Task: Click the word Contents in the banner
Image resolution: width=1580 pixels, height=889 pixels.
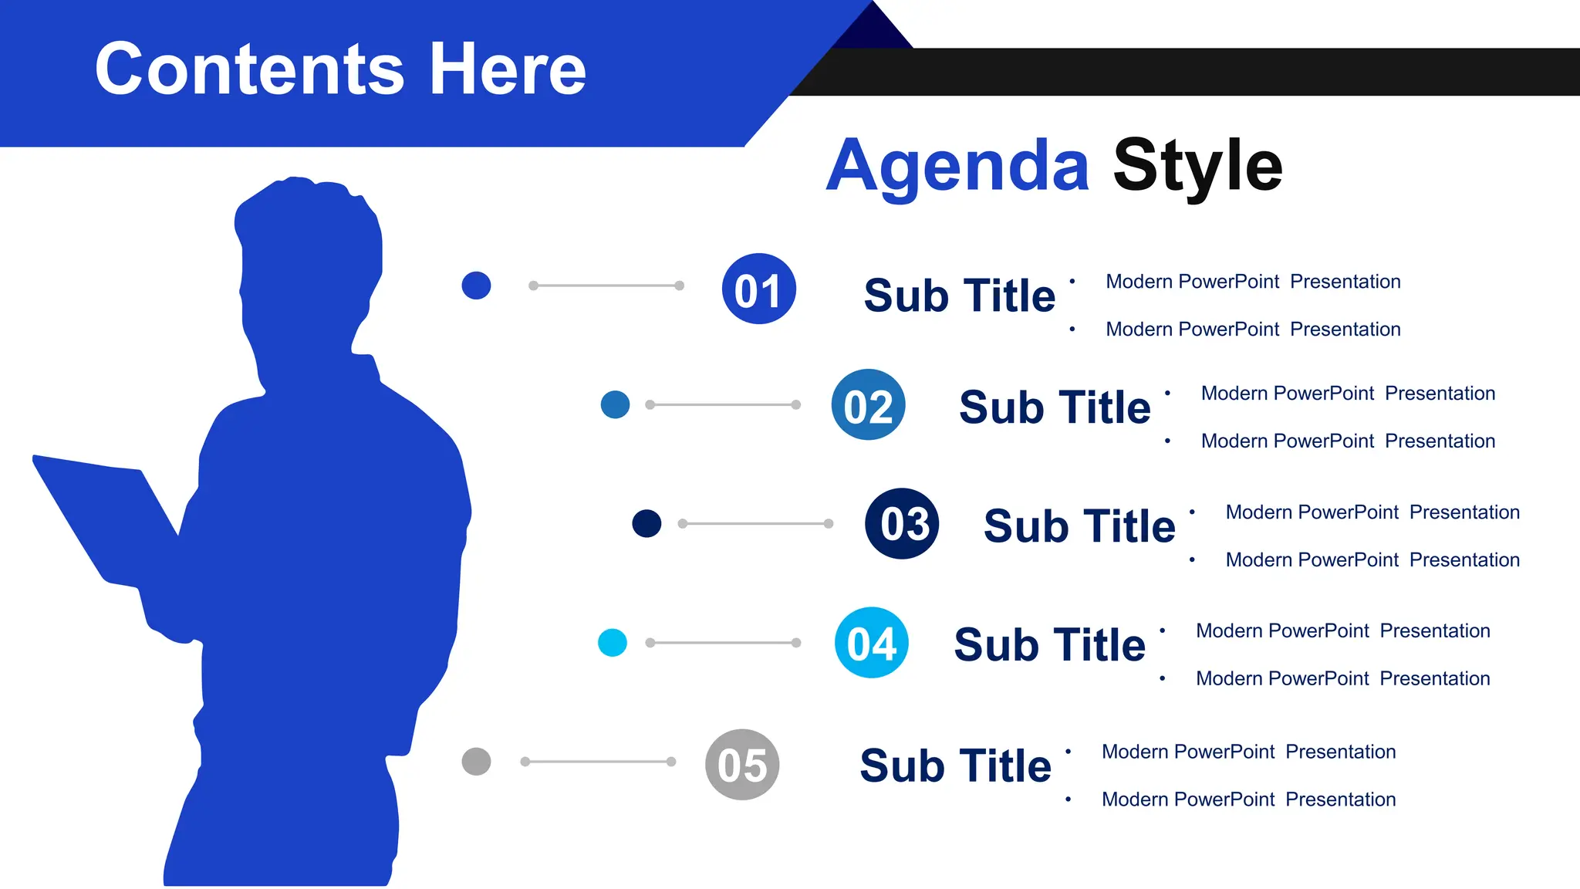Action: [x=249, y=69]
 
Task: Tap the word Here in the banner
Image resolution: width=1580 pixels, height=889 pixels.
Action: [x=508, y=69]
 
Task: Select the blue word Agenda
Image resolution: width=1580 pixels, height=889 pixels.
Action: [x=957, y=166]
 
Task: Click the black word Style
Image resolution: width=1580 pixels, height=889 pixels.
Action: [x=1197, y=166]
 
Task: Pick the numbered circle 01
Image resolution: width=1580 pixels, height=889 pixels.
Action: [x=758, y=289]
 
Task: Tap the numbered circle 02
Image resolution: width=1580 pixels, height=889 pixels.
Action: [x=868, y=404]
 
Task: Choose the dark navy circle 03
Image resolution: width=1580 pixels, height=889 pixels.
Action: [x=902, y=523]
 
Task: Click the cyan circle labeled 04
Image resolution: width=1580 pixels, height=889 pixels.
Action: [x=871, y=642]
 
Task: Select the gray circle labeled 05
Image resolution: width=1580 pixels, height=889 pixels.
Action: [x=742, y=764]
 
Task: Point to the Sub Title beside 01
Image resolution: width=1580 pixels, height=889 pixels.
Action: [x=959, y=296]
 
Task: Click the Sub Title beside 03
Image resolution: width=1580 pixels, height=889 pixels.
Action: [x=1079, y=526]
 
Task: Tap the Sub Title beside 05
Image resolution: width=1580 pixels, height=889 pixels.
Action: [x=955, y=766]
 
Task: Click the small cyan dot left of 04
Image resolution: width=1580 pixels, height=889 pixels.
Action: [x=613, y=642]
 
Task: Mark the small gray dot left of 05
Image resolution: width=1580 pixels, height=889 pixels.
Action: [x=476, y=762]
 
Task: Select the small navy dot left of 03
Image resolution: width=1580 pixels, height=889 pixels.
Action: [x=647, y=523]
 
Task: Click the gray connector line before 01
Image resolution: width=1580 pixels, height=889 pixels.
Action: [x=606, y=286]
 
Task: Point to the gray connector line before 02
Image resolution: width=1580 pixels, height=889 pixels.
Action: [x=723, y=404]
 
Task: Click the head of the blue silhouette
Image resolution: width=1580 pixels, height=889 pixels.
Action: [x=309, y=247]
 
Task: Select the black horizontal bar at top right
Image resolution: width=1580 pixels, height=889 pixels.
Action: [x=1234, y=72]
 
